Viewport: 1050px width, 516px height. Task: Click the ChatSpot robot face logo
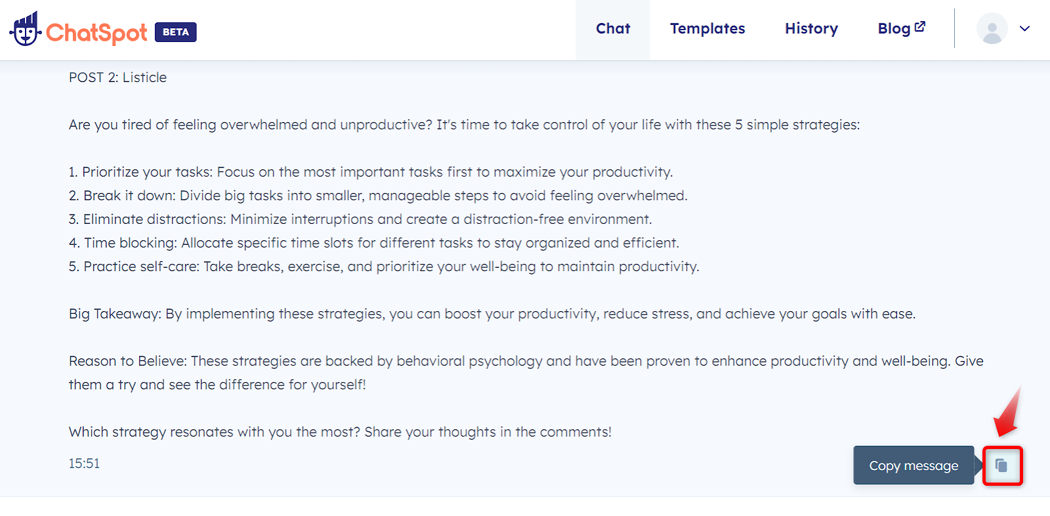(26, 29)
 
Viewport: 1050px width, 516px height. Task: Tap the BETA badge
(176, 32)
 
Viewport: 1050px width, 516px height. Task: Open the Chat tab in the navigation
(613, 29)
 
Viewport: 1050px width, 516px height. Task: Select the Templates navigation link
(707, 29)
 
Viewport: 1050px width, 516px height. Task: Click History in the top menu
(811, 29)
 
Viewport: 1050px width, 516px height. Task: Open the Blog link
(894, 29)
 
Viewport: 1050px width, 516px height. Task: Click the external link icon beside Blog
(920, 27)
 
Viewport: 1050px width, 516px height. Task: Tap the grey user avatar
(992, 29)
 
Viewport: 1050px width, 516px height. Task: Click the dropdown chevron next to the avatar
(1024, 29)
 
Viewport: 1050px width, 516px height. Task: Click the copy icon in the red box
(1001, 465)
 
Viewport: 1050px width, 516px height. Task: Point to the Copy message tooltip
(913, 465)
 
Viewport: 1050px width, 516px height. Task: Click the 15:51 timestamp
(85, 463)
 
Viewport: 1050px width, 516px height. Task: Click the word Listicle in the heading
(144, 77)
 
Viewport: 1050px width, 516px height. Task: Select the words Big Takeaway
(114, 314)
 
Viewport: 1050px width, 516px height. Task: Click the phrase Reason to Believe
(127, 361)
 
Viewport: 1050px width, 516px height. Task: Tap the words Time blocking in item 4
(129, 243)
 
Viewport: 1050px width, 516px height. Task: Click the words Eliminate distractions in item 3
(154, 219)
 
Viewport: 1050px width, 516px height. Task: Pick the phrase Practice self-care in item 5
(141, 267)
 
